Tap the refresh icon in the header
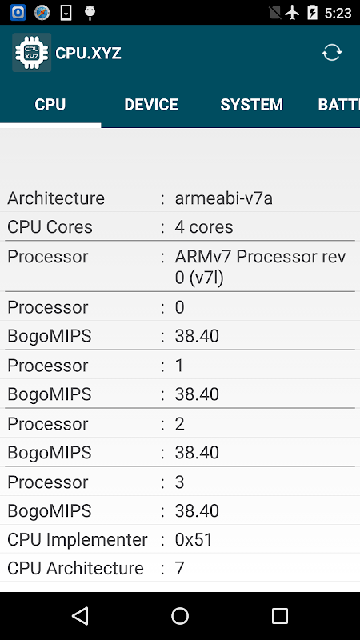(x=331, y=53)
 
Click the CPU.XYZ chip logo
(x=32, y=53)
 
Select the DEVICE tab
(x=151, y=105)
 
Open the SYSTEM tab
(x=251, y=105)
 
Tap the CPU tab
(x=50, y=105)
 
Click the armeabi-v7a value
(x=224, y=198)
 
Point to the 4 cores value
(x=204, y=227)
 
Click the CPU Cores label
(x=50, y=227)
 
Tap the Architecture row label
(x=56, y=198)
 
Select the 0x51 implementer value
(x=194, y=539)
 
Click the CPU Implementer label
(x=77, y=539)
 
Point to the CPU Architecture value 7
(x=179, y=568)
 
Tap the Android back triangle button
(x=80, y=615)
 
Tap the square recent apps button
(x=279, y=615)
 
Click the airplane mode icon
(x=292, y=13)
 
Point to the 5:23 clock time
(x=338, y=13)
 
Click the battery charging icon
(x=312, y=13)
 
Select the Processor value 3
(x=179, y=482)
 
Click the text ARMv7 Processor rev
(x=261, y=257)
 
